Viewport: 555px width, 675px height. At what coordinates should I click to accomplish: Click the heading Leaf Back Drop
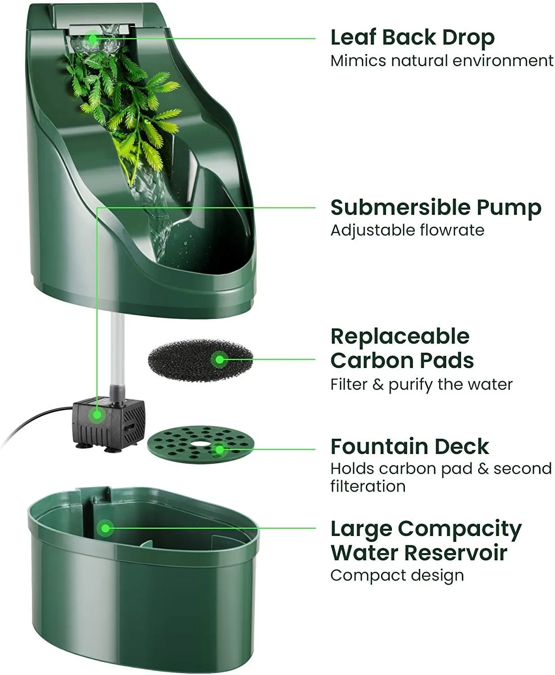(x=413, y=38)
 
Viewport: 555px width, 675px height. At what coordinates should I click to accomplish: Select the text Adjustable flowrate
(x=407, y=230)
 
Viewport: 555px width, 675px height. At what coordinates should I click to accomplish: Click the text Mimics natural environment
(x=442, y=61)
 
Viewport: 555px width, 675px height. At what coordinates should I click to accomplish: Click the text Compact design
(x=397, y=575)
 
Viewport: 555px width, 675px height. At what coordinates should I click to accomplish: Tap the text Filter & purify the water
(x=422, y=385)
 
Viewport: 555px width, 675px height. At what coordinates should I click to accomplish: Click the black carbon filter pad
(x=200, y=360)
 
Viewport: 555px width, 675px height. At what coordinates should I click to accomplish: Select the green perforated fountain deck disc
(x=200, y=444)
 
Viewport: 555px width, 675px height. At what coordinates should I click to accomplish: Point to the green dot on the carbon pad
(x=219, y=360)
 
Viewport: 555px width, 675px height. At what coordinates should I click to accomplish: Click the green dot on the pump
(x=97, y=415)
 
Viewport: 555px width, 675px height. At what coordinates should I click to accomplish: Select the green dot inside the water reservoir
(x=105, y=528)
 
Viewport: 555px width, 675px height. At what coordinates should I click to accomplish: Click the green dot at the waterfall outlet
(x=92, y=38)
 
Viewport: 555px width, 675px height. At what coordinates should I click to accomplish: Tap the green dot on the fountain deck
(x=219, y=450)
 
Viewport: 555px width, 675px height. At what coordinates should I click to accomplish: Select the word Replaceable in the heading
(x=400, y=337)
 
